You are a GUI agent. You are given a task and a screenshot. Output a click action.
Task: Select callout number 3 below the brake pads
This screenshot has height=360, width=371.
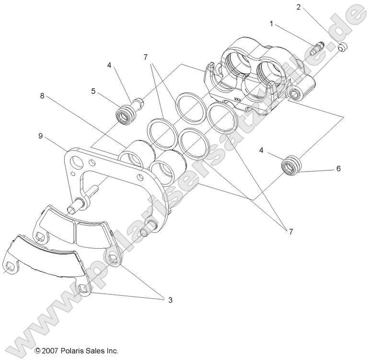(x=169, y=300)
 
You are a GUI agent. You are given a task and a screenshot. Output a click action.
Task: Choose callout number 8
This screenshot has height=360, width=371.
(x=42, y=95)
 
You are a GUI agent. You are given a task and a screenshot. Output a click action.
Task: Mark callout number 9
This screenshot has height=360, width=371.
(x=41, y=136)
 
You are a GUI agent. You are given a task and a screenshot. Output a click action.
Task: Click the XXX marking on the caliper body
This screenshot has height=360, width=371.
(x=237, y=100)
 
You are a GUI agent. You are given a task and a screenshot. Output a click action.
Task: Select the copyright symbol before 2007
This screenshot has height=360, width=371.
(x=37, y=351)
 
